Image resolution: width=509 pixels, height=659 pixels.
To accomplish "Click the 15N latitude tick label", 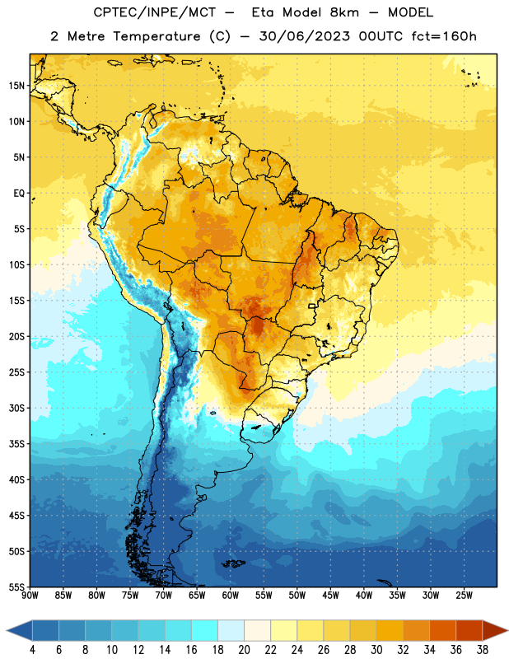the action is pyautogui.click(x=16, y=86).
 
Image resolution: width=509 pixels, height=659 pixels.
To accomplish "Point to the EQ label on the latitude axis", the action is pyautogui.click(x=19, y=194).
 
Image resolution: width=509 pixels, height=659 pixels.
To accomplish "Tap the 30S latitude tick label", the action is pyautogui.click(x=16, y=408).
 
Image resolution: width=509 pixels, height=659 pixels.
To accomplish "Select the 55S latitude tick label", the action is pyautogui.click(x=16, y=587).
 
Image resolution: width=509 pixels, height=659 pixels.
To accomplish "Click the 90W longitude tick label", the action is pyautogui.click(x=30, y=596).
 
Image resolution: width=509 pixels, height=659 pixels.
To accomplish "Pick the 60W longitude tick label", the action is pyautogui.click(x=231, y=596).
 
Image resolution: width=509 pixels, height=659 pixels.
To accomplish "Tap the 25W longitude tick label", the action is pyautogui.click(x=464, y=596).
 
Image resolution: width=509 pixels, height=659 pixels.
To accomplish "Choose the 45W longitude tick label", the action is pyautogui.click(x=330, y=596).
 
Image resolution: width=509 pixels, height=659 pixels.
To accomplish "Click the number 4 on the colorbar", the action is pyautogui.click(x=32, y=650).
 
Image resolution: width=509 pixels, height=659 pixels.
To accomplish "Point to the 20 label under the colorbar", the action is pyautogui.click(x=244, y=650).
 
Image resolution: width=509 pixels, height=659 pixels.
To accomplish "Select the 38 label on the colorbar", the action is pyautogui.click(x=483, y=650).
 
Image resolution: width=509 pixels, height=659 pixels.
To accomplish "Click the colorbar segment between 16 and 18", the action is pyautogui.click(x=205, y=630).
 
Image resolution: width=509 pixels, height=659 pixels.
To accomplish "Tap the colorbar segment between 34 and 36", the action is pyautogui.click(x=443, y=630).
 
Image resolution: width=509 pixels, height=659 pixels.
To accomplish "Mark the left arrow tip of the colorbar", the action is pyautogui.click(x=7, y=630).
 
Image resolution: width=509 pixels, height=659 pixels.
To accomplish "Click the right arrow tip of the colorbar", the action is pyautogui.click(x=508, y=630).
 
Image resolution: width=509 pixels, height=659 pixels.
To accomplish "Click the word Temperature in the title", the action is pyautogui.click(x=156, y=36).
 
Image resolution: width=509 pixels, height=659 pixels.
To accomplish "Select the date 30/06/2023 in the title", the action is pyautogui.click(x=304, y=36).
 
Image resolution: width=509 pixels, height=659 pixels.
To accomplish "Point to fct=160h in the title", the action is pyautogui.click(x=444, y=36).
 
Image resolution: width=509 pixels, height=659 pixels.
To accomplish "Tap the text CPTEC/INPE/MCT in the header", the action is pyautogui.click(x=155, y=12).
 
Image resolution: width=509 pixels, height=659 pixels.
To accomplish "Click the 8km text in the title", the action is pyautogui.click(x=344, y=12).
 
